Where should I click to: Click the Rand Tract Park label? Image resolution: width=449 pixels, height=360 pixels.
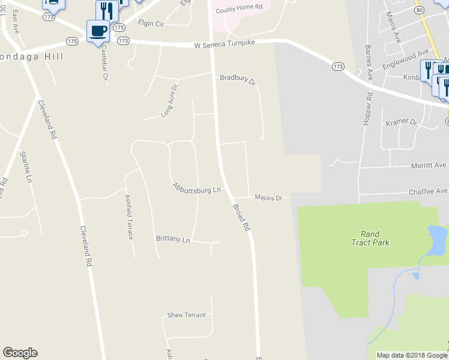[x=370, y=238]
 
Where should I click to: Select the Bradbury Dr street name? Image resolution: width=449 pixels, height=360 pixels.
[x=238, y=79]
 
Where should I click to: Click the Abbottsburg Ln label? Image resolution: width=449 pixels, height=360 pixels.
[x=197, y=188]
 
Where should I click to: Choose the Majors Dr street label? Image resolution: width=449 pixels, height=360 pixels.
[x=268, y=197]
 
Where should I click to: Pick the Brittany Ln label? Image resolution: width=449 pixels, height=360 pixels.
[x=172, y=239]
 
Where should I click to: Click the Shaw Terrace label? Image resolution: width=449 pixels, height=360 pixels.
[x=187, y=315]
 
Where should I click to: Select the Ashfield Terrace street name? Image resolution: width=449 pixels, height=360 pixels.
[x=129, y=217]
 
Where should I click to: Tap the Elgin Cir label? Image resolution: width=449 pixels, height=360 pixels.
[x=150, y=24]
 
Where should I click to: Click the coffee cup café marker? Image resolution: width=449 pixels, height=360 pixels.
[x=98, y=31]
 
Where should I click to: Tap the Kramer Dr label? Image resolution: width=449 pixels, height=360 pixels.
[x=401, y=122]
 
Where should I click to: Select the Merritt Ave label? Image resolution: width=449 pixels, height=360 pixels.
[x=429, y=165]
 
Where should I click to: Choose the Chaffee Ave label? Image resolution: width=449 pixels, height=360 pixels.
[x=429, y=191]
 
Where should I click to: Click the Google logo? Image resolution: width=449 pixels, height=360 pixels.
[x=20, y=353]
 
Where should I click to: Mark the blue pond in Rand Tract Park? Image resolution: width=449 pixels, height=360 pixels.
[x=436, y=236]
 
